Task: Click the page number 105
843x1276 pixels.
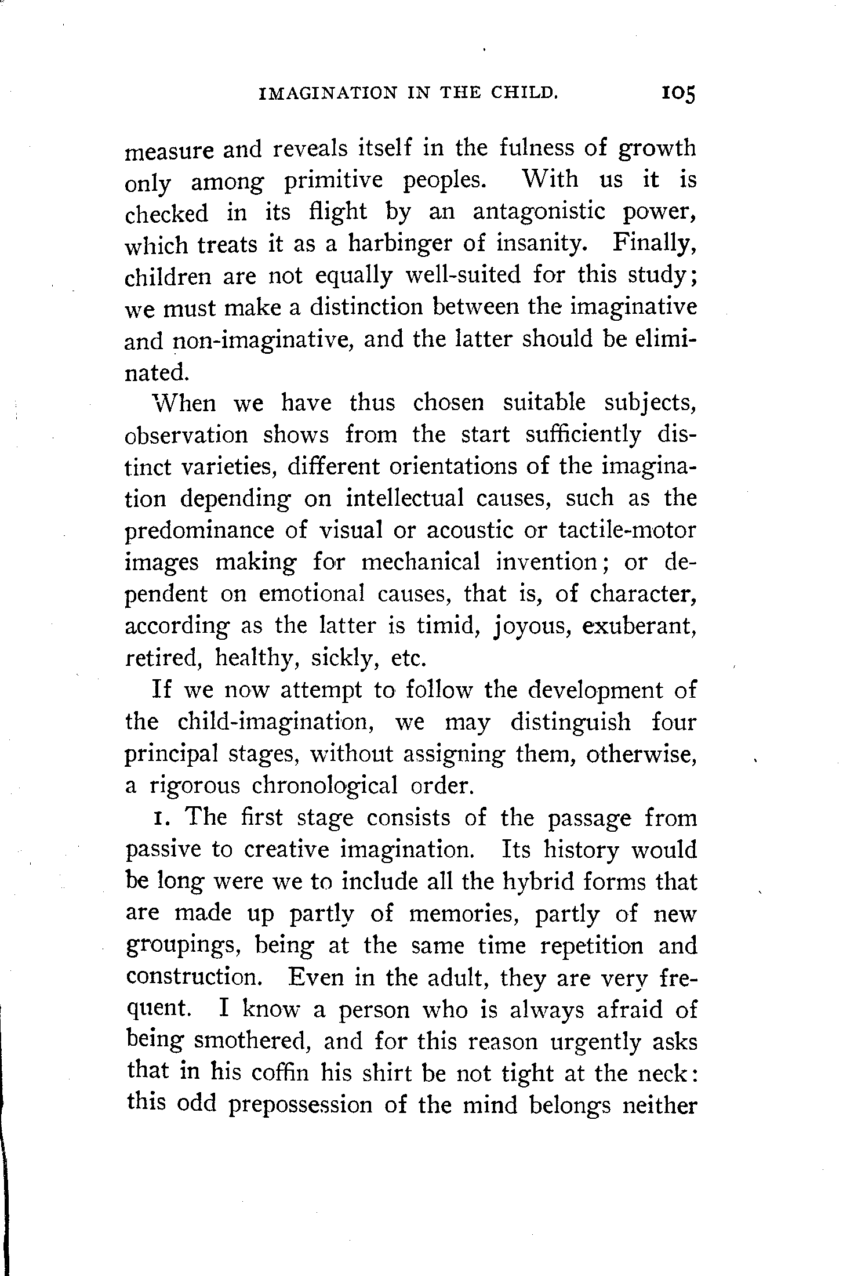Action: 677,94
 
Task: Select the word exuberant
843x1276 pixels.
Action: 638,626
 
